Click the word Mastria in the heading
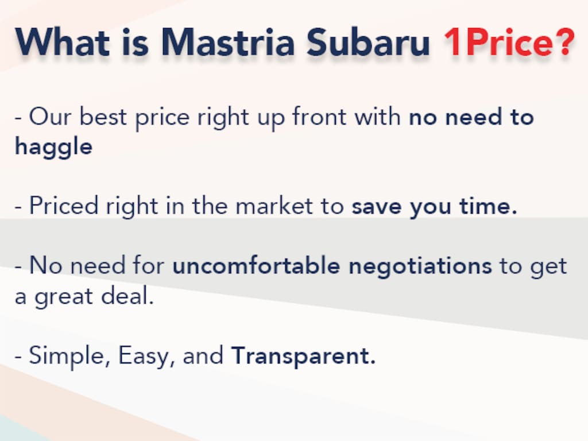pos(228,42)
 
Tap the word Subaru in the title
pos(368,42)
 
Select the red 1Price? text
pos(509,42)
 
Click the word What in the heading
pos(62,42)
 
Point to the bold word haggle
pos(53,146)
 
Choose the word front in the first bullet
pos(319,116)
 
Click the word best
pos(103,116)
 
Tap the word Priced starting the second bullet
pos(64,206)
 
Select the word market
pos(274,206)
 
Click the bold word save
pos(377,206)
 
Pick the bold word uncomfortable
pos(256,265)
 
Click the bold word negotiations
pos(420,266)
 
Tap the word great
pos(63,297)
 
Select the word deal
pos(127,296)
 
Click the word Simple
pos(69,355)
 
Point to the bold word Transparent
pos(303,355)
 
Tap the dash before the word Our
pos(18,118)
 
